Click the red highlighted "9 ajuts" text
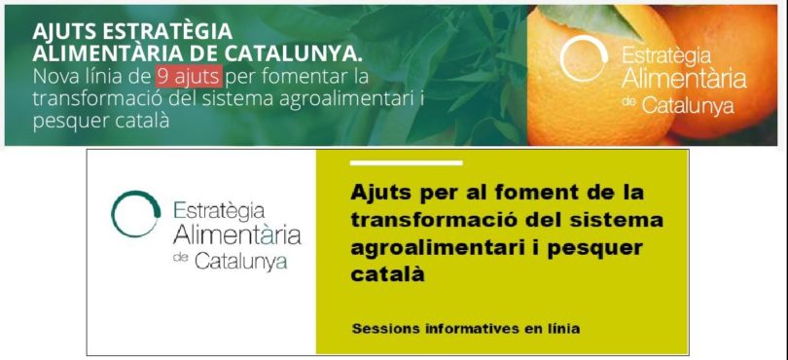tap(189, 77)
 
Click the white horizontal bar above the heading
tap(406, 162)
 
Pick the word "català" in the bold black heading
tap(387, 274)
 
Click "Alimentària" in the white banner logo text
tap(684, 80)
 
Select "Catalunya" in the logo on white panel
tap(241, 261)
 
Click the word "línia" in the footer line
tap(565, 329)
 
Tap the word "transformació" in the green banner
tap(92, 98)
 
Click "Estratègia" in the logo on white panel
tap(219, 211)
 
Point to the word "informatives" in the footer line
tap(471, 329)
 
